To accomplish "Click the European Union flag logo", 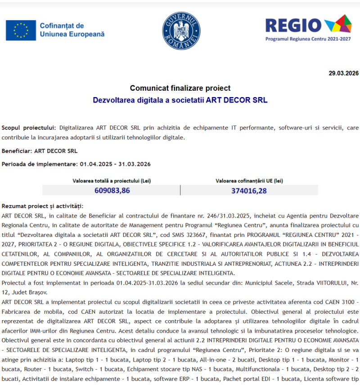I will (21, 30).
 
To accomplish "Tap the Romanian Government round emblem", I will (181, 31).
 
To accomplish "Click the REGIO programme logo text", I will (293, 25).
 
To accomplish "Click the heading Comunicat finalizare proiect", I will (180, 88).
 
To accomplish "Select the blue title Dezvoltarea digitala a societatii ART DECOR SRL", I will (180, 100).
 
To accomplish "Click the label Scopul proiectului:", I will (29, 128).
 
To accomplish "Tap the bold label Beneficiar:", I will (17, 151).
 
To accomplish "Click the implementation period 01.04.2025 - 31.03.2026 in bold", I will (115, 164).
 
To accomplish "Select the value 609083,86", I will (112, 191).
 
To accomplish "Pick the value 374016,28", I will (249, 191).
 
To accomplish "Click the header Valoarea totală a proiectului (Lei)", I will (112, 181).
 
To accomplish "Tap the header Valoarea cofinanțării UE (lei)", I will (249, 181).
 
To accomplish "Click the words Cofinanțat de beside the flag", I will (62, 26).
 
